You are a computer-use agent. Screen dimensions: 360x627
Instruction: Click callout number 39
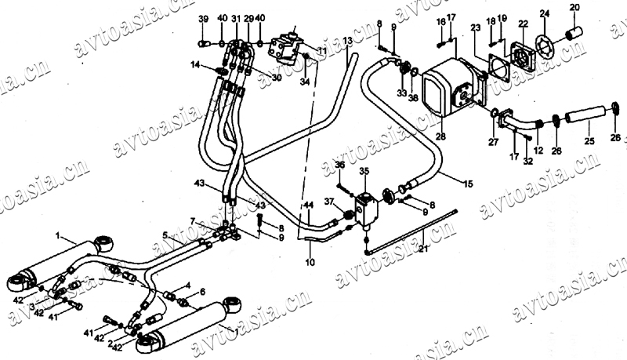203,18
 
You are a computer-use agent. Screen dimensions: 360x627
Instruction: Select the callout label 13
348,40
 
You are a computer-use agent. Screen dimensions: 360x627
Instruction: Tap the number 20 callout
574,8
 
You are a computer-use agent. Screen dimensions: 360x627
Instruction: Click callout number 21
422,249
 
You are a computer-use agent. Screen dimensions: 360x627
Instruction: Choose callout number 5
165,235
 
